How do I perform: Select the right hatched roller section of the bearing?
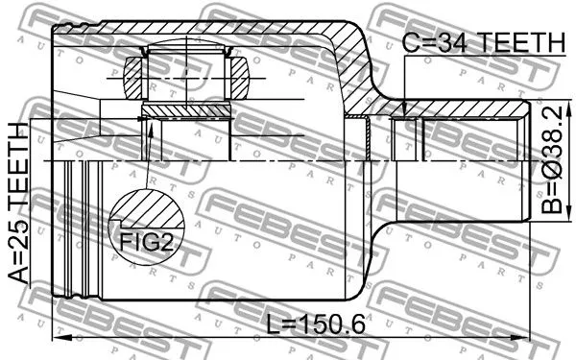pos(237,77)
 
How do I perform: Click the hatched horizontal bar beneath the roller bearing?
pos(187,111)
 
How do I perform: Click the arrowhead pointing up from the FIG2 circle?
pos(149,125)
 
